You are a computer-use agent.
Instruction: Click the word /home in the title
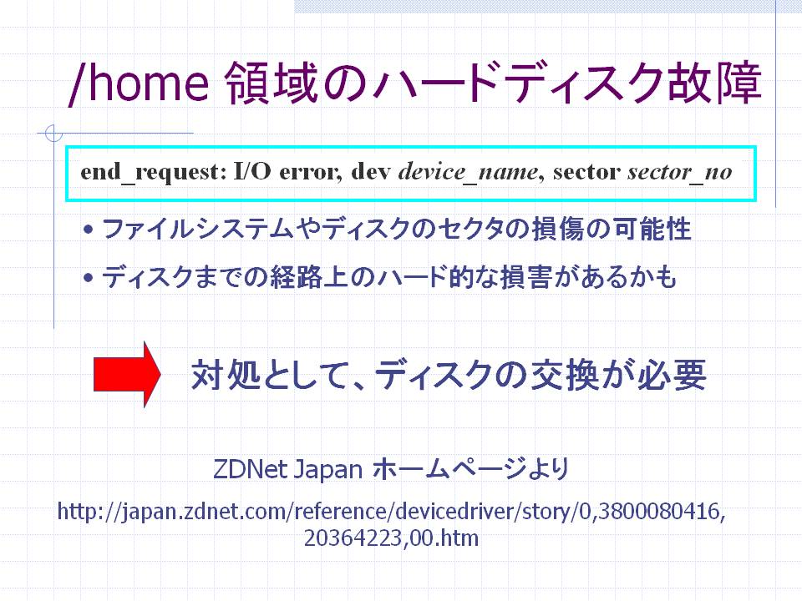click(x=139, y=83)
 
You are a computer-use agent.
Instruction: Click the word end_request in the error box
click(x=150, y=173)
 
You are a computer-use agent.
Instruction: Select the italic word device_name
click(x=468, y=173)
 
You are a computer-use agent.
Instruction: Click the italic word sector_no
click(x=680, y=173)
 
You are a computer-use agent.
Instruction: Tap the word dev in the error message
click(x=371, y=172)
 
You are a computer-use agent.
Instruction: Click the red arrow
click(x=127, y=374)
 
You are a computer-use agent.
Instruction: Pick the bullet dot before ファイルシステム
click(x=89, y=230)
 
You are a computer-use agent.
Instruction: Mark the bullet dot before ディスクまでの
click(x=89, y=278)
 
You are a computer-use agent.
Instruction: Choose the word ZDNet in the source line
click(x=250, y=469)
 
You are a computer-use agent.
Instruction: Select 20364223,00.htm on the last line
click(x=391, y=538)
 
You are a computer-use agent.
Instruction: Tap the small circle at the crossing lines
click(x=53, y=134)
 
